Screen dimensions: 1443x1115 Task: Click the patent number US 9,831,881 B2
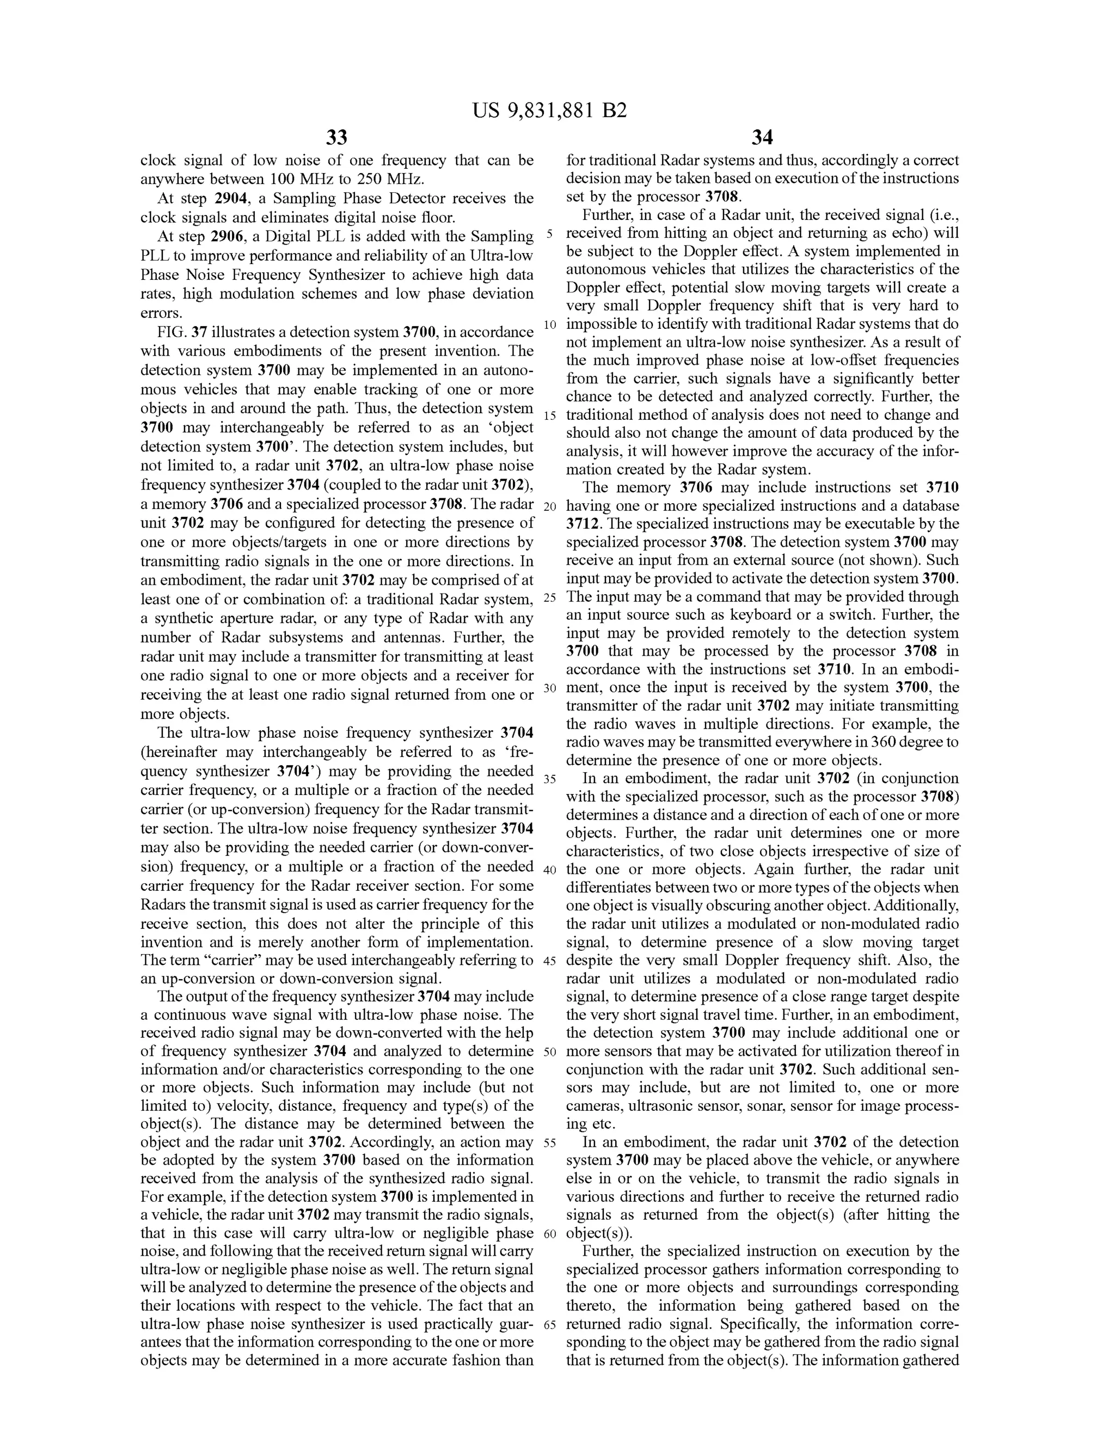(x=549, y=111)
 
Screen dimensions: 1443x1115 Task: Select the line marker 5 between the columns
(x=549, y=234)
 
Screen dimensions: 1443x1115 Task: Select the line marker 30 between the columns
(x=549, y=688)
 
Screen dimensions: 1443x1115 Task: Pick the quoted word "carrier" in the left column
(x=219, y=961)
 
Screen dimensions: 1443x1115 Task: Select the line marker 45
(x=549, y=961)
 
